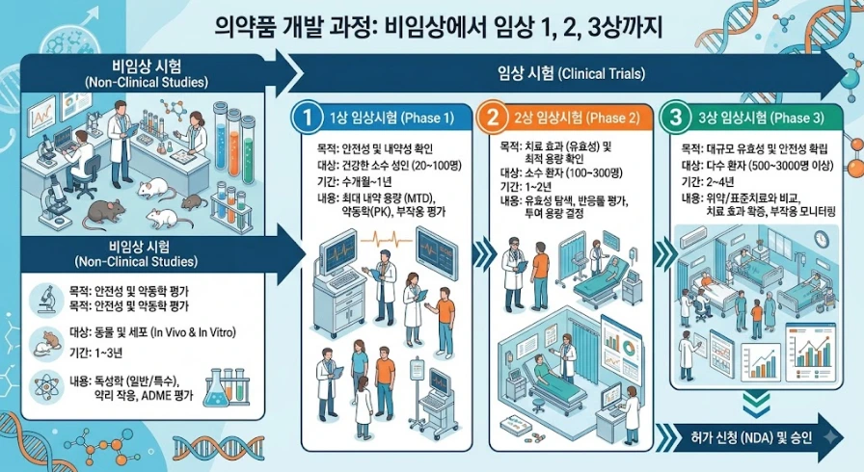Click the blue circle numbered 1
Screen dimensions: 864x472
pyautogui.click(x=307, y=118)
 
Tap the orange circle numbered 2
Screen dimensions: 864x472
pyautogui.click(x=491, y=118)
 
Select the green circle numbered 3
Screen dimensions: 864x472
pyautogui.click(x=676, y=118)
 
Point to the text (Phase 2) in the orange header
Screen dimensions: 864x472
pyautogui.click(x=612, y=118)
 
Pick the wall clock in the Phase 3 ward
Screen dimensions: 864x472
pyautogui.click(x=821, y=239)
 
